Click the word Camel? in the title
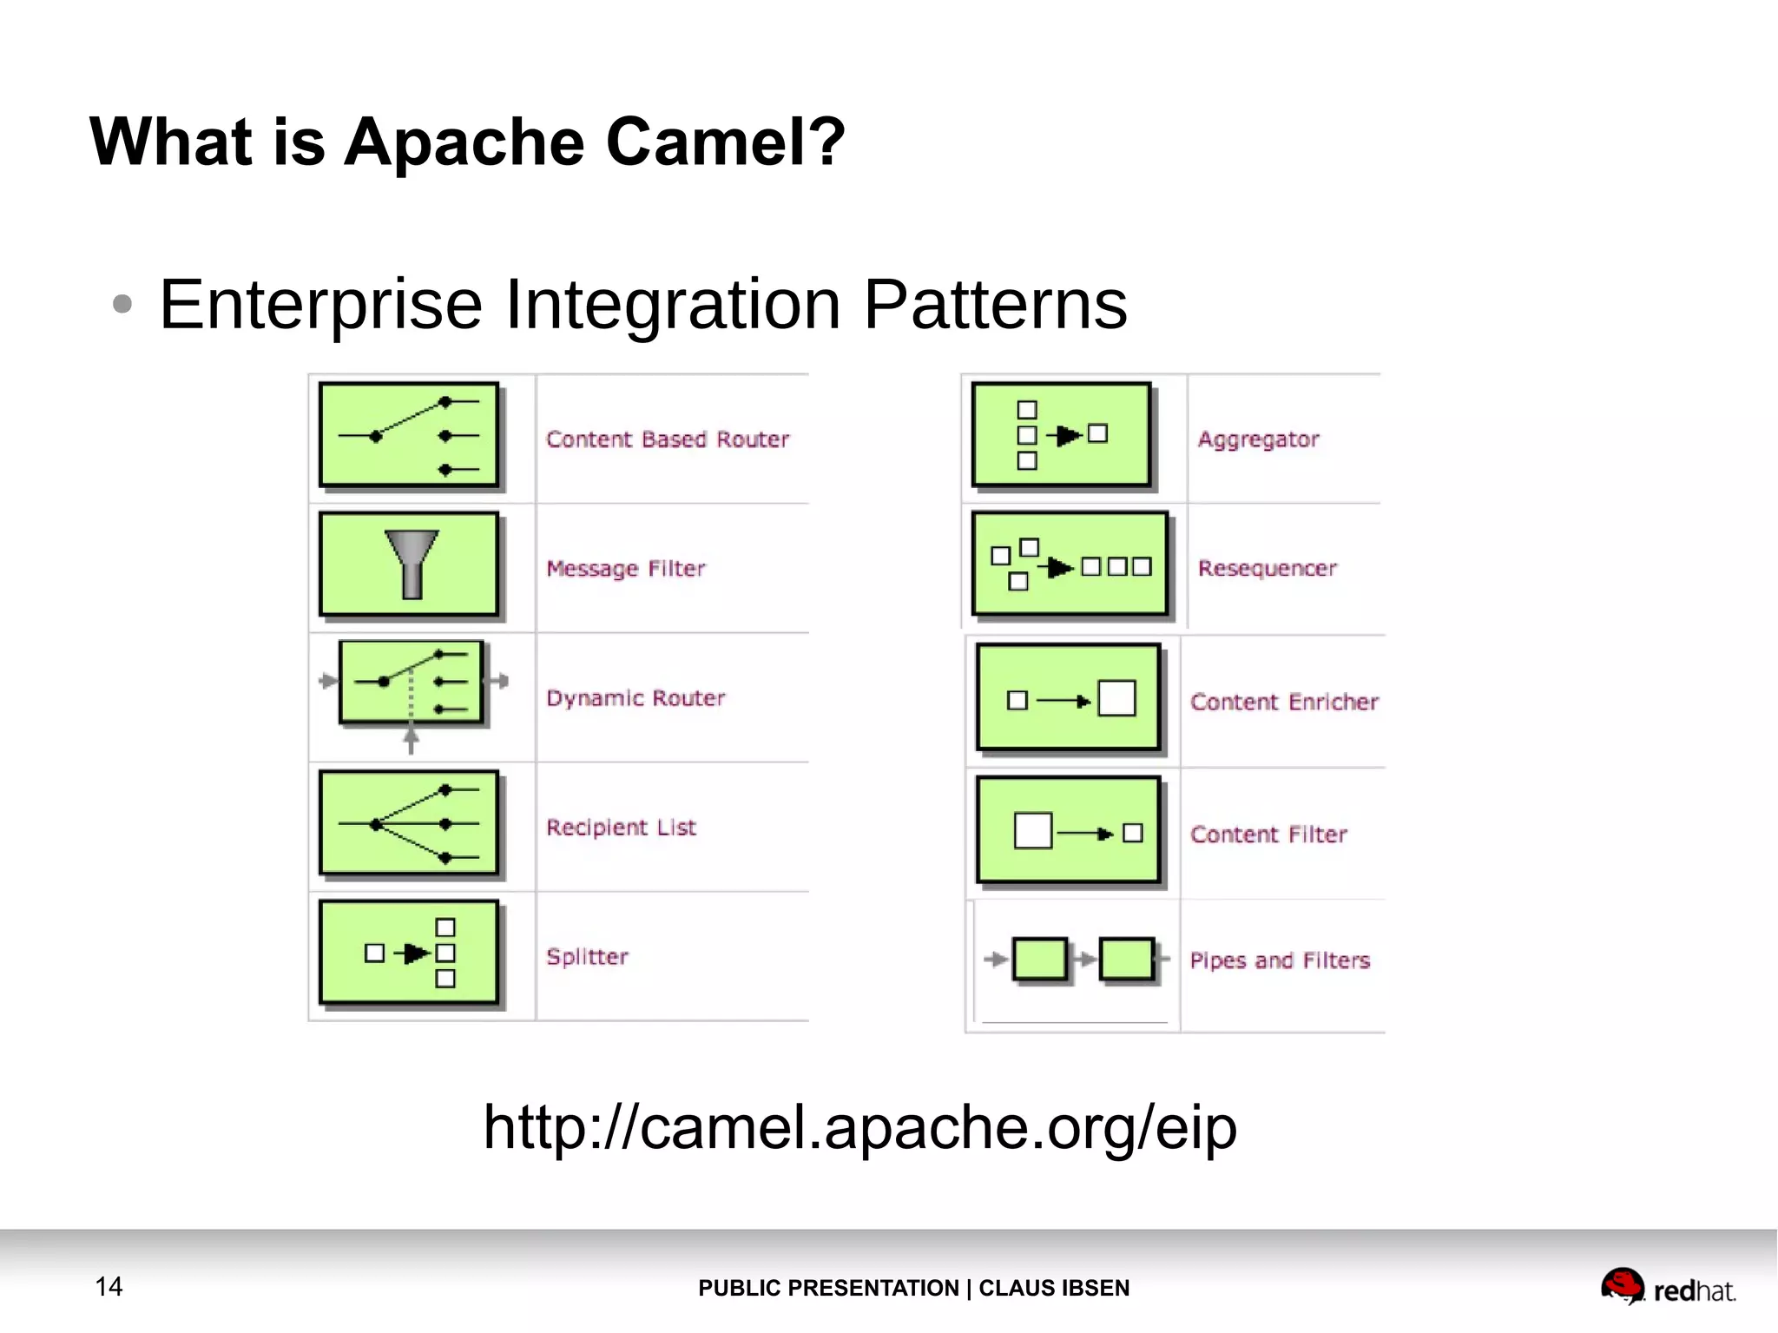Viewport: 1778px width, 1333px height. [724, 142]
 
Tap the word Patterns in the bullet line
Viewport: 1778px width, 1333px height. [995, 304]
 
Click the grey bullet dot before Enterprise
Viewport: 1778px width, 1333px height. [122, 304]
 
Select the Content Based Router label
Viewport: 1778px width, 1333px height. [667, 439]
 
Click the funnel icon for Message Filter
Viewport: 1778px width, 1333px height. [412, 563]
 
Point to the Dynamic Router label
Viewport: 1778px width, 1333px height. [635, 698]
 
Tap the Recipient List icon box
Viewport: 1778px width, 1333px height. [409, 823]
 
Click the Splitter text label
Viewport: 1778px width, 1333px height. [587, 956]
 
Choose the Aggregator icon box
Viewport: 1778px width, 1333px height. [1061, 434]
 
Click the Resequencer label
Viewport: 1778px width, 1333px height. [1267, 568]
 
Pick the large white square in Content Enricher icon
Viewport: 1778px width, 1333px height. [1116, 698]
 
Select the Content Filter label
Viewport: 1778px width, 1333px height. [1268, 835]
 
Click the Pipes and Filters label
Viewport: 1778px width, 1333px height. [1279, 960]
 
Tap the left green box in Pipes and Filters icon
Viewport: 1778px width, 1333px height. [1039, 959]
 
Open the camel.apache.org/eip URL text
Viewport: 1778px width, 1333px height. [859, 1127]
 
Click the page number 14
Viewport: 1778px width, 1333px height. [109, 1286]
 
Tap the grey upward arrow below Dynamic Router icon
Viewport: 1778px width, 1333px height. [411, 740]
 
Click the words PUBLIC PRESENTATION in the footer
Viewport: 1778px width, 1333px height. [827, 1288]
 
